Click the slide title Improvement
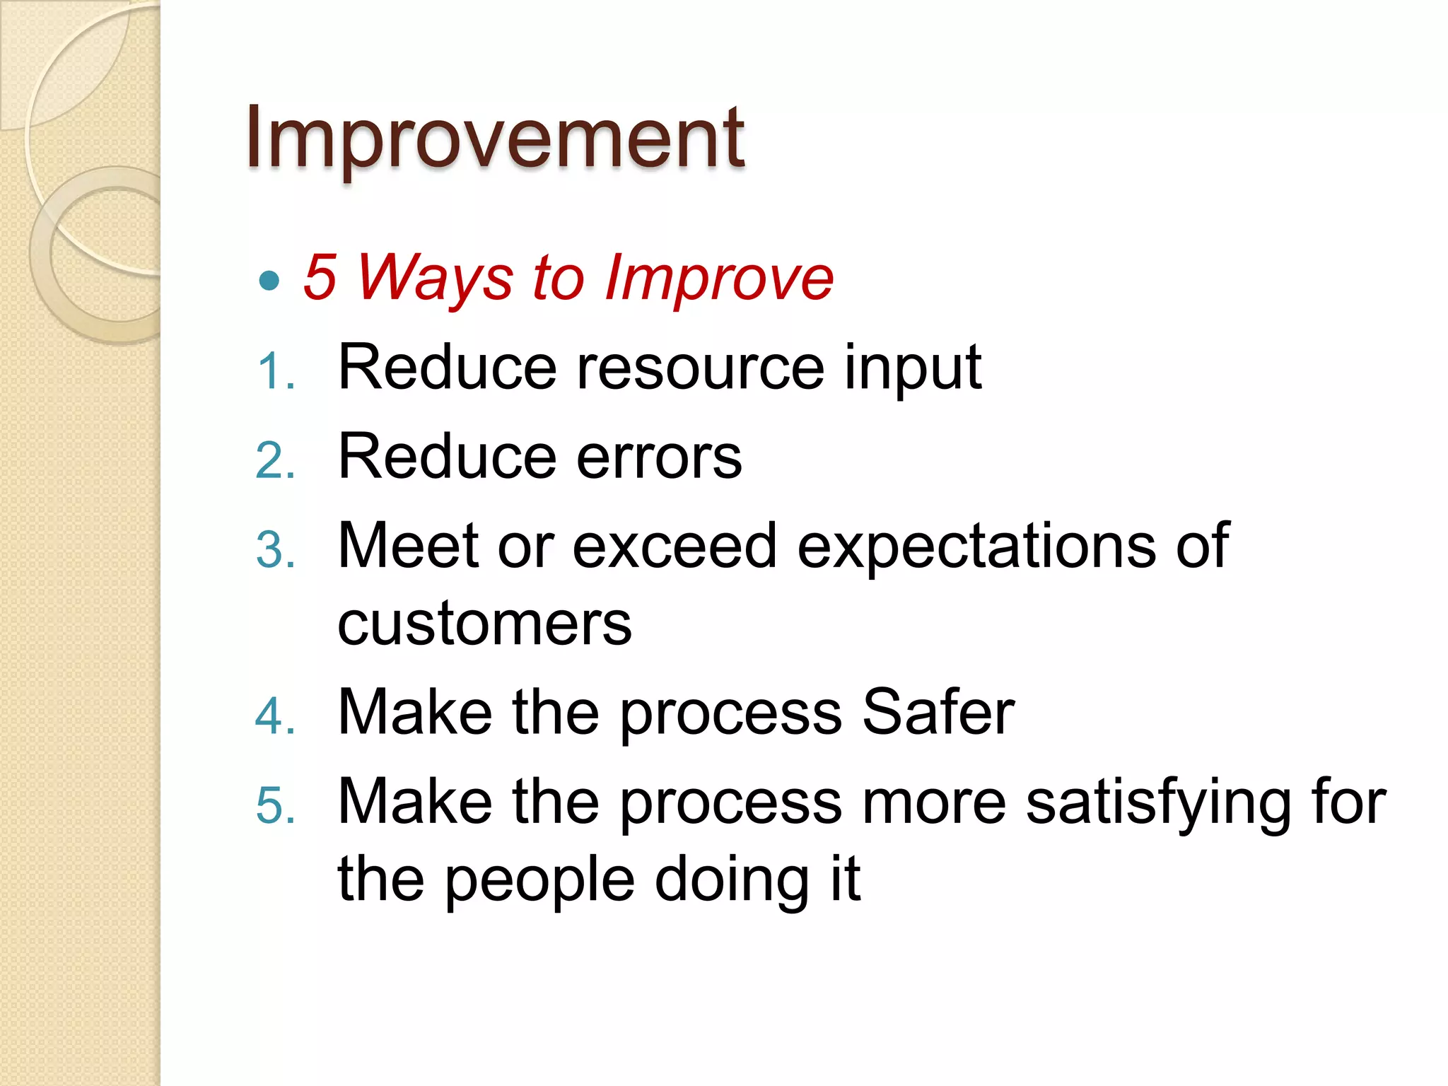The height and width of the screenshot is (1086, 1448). [495, 138]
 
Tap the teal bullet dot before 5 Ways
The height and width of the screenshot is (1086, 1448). [269, 281]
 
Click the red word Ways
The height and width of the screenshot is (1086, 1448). [435, 278]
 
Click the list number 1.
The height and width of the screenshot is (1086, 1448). [275, 371]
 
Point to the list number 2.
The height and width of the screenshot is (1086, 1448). [275, 461]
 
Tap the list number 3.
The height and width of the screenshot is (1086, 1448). [275, 550]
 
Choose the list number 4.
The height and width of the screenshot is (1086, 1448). [275, 716]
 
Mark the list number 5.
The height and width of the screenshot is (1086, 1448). [275, 805]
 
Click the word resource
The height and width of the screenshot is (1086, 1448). [700, 368]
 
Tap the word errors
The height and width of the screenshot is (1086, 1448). [659, 458]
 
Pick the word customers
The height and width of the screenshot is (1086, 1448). [484, 625]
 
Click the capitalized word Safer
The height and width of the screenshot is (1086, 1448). [938, 713]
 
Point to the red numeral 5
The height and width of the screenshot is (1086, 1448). [319, 278]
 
